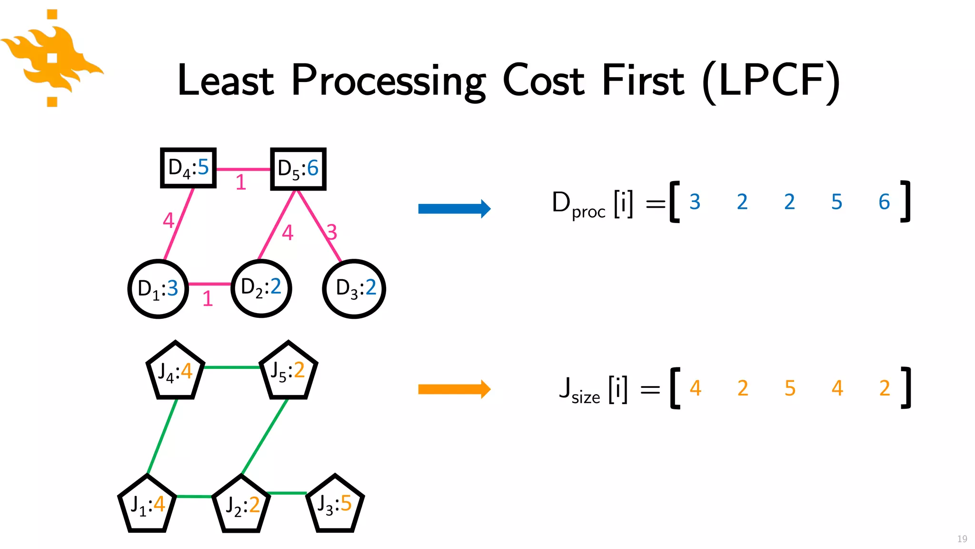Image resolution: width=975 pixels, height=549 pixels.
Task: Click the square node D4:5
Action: click(189, 168)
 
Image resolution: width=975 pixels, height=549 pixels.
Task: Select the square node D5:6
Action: click(298, 169)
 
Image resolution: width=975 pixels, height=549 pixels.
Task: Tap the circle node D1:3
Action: click(158, 289)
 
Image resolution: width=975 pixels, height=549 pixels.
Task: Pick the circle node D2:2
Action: click(261, 288)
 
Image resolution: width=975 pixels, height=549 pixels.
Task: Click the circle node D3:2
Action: click(354, 289)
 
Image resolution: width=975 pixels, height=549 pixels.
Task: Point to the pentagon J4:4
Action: click(175, 372)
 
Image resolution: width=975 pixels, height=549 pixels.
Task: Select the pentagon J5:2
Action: click(288, 372)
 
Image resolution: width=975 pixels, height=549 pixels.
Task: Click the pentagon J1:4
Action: click(147, 505)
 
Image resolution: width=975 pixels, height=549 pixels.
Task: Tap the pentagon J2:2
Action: click(241, 505)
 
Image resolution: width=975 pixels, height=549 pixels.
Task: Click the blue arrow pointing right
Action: click(454, 209)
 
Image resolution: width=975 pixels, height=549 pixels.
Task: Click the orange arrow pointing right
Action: click(454, 389)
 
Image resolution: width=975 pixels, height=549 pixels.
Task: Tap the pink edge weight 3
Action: click(332, 233)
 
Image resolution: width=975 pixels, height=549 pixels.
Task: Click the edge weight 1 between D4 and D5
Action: click(241, 183)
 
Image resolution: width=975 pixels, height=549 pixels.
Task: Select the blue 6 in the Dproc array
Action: click(884, 202)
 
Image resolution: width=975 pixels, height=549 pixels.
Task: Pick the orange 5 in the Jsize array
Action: click(790, 388)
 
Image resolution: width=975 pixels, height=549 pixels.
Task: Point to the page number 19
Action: click(962, 539)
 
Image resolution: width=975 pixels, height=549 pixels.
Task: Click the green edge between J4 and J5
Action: click(232, 367)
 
